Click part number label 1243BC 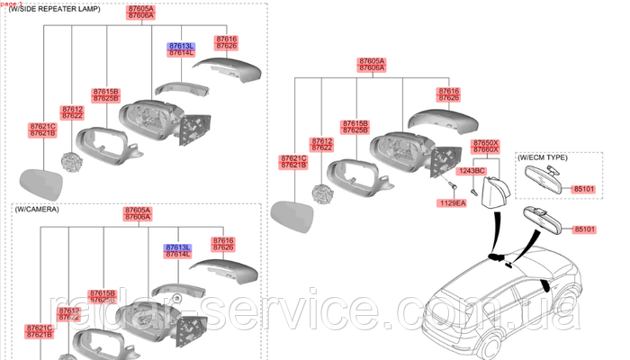pos(472,170)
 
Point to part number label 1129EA pos(453,203)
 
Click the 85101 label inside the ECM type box pos(584,190)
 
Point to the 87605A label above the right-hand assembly pos(371,63)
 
